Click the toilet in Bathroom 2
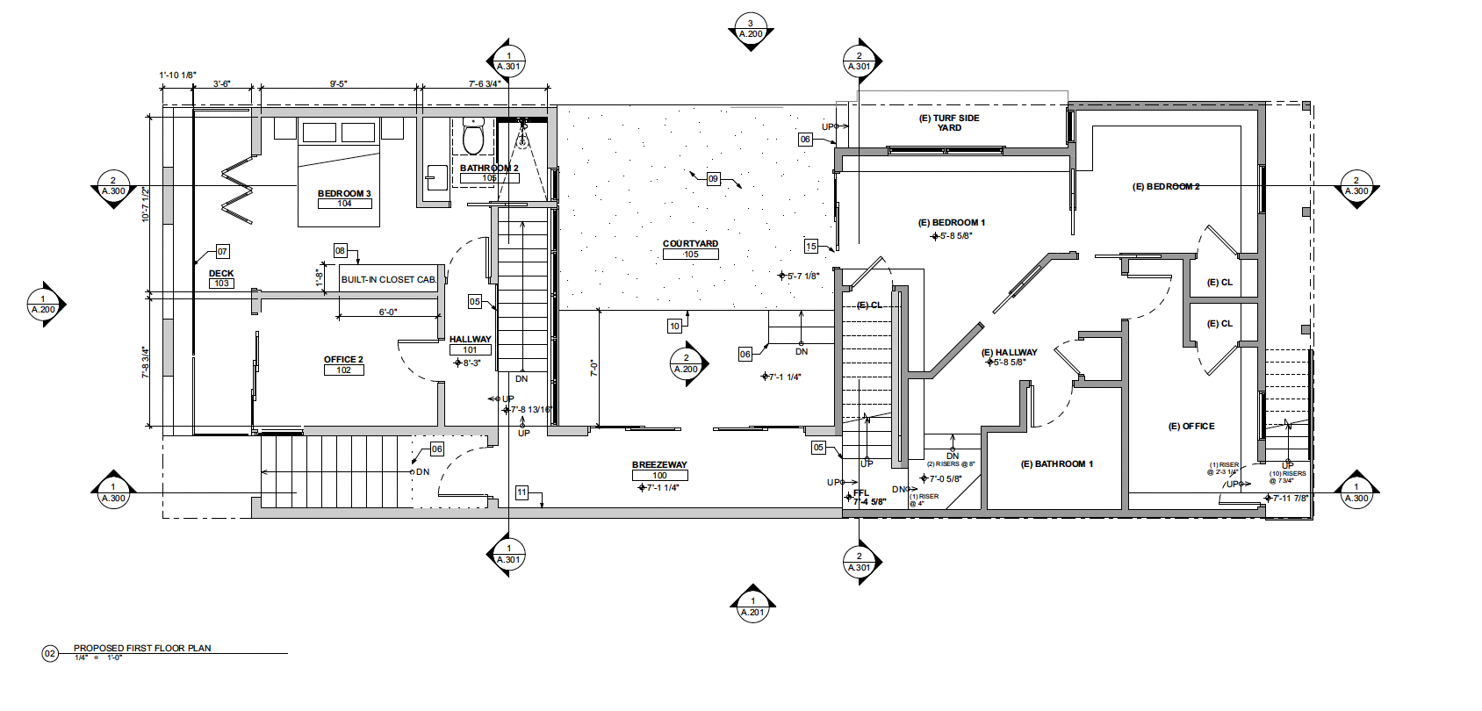[x=473, y=138]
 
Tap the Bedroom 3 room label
[x=344, y=193]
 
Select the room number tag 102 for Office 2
[x=343, y=370]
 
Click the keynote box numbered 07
[x=222, y=252]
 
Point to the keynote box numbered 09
[x=713, y=179]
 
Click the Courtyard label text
[x=690, y=243]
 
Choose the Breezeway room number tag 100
[x=659, y=476]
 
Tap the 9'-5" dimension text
[x=339, y=84]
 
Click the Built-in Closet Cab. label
[x=388, y=279]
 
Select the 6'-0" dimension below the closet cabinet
[x=387, y=312]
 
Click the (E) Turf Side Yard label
[x=949, y=123]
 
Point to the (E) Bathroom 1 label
[x=1056, y=464]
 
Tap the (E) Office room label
[x=1191, y=427]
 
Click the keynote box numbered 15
[x=811, y=247]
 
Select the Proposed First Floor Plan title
[x=142, y=648]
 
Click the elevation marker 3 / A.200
[x=751, y=30]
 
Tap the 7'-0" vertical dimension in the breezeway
[x=594, y=369]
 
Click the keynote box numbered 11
[x=522, y=492]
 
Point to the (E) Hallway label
[x=1009, y=352]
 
